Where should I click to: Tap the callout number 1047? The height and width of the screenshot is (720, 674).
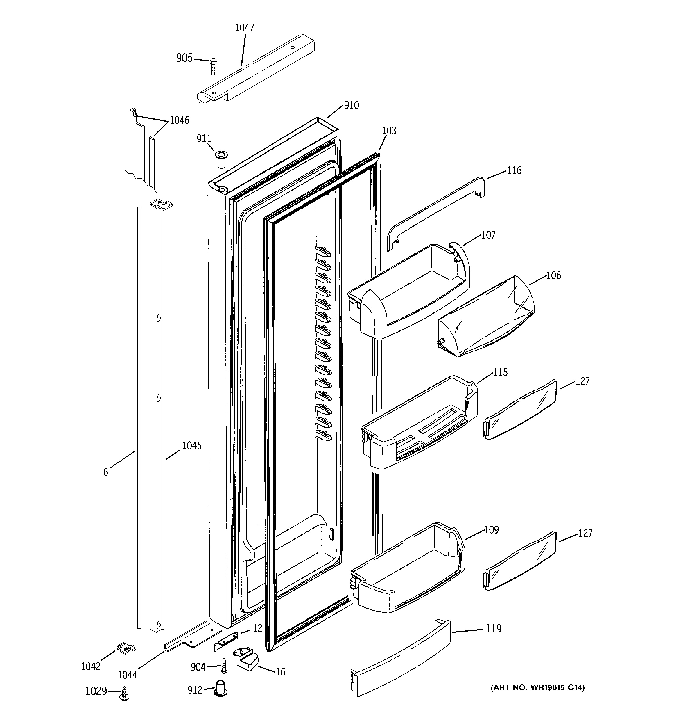click(244, 28)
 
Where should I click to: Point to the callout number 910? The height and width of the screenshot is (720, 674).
click(351, 105)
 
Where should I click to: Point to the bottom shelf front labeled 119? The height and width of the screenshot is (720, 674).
click(400, 663)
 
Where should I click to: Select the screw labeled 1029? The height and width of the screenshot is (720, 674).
click(125, 692)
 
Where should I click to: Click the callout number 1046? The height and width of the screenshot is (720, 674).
click(180, 120)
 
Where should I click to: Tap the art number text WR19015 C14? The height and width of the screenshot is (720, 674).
click(537, 688)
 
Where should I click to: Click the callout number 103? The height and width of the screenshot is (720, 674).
click(389, 131)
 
